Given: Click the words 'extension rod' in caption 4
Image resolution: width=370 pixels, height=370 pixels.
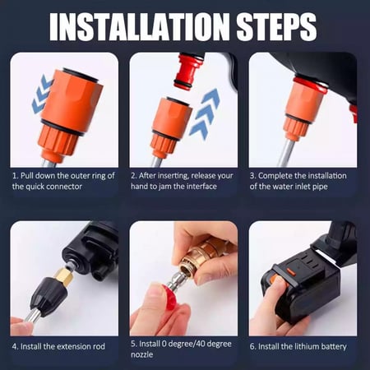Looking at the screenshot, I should coord(77,346).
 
